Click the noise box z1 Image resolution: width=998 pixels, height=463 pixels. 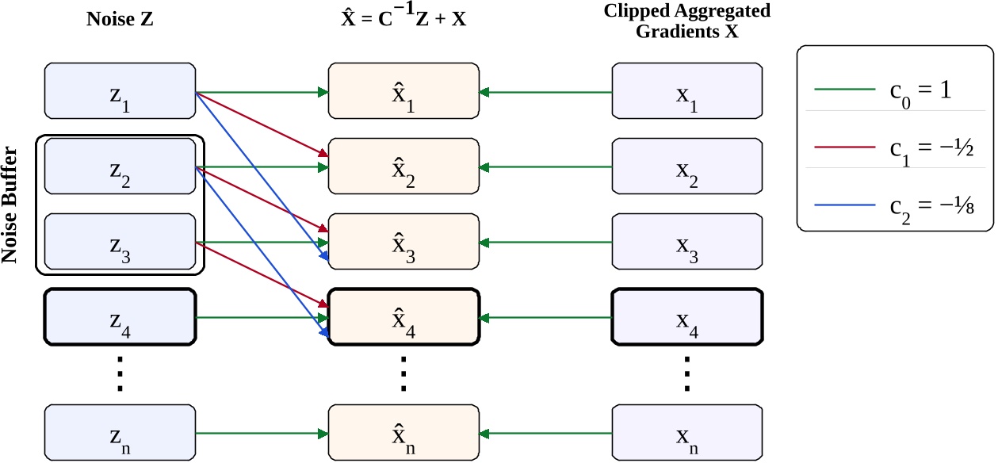coord(120,91)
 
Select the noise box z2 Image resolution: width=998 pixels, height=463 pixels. coord(120,166)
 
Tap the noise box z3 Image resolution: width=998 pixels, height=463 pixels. coord(120,242)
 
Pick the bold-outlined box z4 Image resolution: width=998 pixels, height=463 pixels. coord(120,317)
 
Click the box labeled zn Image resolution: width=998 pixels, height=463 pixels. coord(120,433)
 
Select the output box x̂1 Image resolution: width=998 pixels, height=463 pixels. coord(403,91)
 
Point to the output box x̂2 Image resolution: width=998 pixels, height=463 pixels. coord(403,166)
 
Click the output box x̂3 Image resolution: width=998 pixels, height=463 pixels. coord(403,242)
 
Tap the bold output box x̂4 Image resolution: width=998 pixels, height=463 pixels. coord(403,317)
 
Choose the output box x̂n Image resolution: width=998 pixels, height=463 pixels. coord(403,433)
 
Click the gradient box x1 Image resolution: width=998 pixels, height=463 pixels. coord(687,91)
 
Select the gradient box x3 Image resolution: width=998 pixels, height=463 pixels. coord(687,242)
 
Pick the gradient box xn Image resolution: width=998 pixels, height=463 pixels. coord(687,433)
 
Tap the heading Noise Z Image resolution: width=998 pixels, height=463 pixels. coord(120,18)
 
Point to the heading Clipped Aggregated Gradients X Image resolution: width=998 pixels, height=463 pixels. coord(687,18)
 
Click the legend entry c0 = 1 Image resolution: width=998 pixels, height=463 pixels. coord(894,90)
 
